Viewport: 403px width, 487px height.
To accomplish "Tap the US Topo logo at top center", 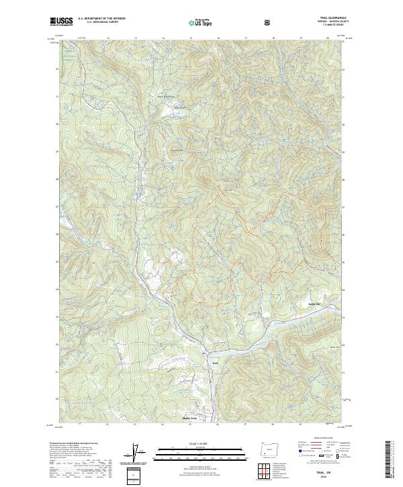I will pos(201,22).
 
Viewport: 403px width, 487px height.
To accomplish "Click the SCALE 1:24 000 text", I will pos(192,443).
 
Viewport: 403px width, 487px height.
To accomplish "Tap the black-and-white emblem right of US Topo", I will pos(269,22).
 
